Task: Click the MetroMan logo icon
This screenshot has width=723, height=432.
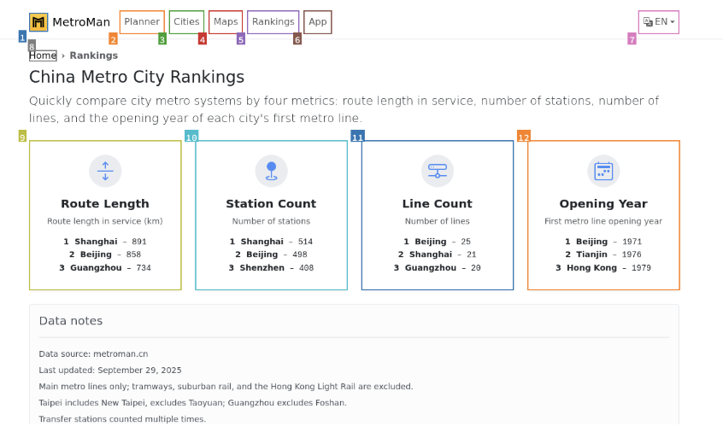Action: click(x=38, y=22)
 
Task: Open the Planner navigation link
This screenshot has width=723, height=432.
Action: click(x=142, y=22)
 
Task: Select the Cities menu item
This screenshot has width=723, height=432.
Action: click(x=186, y=22)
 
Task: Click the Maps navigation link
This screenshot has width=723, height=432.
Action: click(x=226, y=22)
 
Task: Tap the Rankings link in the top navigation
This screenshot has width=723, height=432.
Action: click(x=273, y=22)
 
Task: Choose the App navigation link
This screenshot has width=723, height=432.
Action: click(x=317, y=22)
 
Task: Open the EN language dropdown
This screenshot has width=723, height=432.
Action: click(x=658, y=22)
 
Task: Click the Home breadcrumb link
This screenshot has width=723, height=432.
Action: click(x=43, y=55)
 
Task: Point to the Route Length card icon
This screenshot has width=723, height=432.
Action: click(x=105, y=171)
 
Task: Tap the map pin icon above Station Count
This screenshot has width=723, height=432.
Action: click(x=271, y=171)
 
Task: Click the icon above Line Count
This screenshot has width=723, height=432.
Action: click(x=438, y=171)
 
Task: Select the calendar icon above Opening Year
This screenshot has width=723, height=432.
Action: click(x=603, y=171)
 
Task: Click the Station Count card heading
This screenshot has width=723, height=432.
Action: click(x=271, y=204)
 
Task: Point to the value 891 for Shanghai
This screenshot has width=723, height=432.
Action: click(x=139, y=242)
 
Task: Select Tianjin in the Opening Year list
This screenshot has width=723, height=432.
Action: click(x=591, y=254)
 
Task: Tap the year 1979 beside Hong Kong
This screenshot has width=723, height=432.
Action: click(x=642, y=268)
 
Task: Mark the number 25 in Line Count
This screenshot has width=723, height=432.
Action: click(x=466, y=242)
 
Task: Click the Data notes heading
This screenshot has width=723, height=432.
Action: click(x=71, y=321)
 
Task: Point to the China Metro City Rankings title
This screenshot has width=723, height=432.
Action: click(x=137, y=77)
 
